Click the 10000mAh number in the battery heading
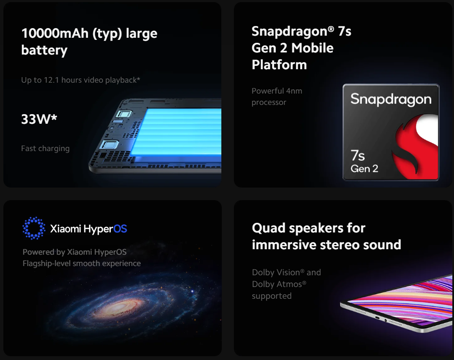pyautogui.click(x=55, y=33)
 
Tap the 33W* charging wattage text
pyautogui.click(x=39, y=119)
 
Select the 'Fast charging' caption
pyautogui.click(x=45, y=149)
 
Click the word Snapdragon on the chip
pyautogui.click(x=391, y=99)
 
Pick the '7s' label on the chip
pyautogui.click(x=358, y=155)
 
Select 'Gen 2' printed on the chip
pyautogui.click(x=364, y=169)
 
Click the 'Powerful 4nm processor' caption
pyautogui.click(x=277, y=97)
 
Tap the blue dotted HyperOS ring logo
pyautogui.click(x=34, y=228)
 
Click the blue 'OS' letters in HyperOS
pyautogui.click(x=120, y=229)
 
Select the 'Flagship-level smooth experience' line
pyautogui.click(x=82, y=263)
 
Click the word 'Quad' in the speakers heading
pyautogui.click(x=269, y=228)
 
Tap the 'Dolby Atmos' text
pyautogui.click(x=279, y=284)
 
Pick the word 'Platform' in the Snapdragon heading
pyautogui.click(x=279, y=65)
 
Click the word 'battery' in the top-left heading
pyautogui.click(x=44, y=50)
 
